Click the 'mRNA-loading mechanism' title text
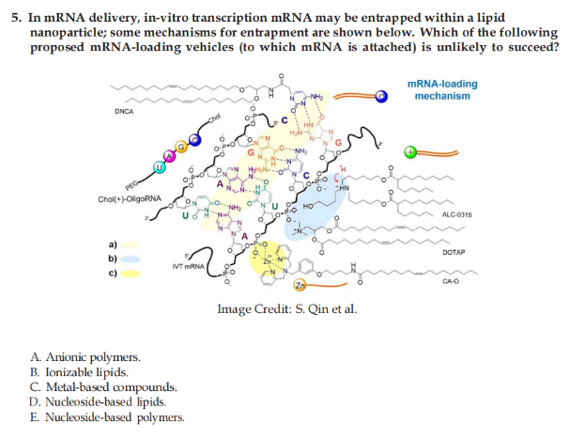tap(442, 90)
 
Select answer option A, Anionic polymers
tap(85, 357)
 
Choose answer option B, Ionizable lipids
tap(82, 371)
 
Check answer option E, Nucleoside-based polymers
tap(106, 416)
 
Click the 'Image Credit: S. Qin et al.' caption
tap(286, 309)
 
